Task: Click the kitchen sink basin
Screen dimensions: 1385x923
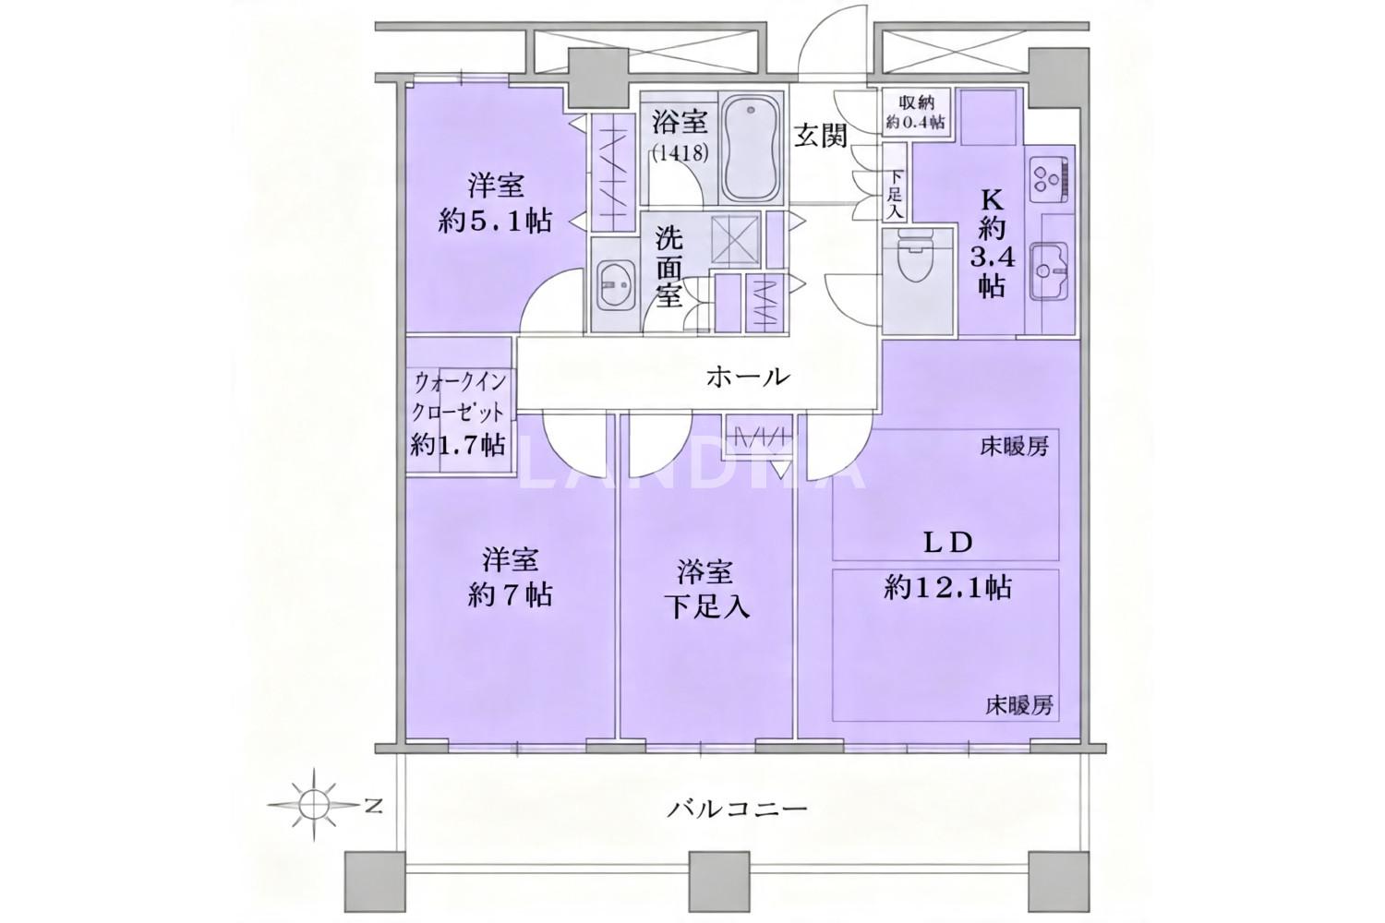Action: pos(1049,270)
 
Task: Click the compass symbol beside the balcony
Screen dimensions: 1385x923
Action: pos(314,804)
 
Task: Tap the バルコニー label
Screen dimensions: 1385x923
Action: pos(737,808)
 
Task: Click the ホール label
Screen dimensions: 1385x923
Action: pos(749,377)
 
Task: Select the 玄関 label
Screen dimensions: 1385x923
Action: pos(821,136)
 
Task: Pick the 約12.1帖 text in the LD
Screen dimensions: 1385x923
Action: pos(947,587)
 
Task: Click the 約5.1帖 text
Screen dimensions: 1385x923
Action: pos(495,221)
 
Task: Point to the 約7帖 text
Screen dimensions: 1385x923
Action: pos(510,594)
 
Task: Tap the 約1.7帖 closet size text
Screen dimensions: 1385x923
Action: pos(458,445)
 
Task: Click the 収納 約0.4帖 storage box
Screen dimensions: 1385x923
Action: pos(916,112)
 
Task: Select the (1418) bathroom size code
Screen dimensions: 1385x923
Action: pos(680,153)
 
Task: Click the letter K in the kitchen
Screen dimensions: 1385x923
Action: pos(993,200)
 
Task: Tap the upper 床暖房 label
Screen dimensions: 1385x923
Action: pos(1015,447)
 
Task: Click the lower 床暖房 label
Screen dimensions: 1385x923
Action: pos(1019,706)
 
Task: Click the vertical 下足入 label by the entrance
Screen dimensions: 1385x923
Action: pos(896,195)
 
